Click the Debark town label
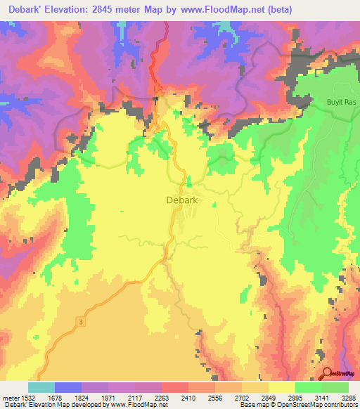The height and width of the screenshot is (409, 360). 185,200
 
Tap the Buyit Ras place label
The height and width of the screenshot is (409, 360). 340,103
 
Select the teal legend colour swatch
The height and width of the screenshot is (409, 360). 41,387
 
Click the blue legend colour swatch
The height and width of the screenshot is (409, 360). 68,387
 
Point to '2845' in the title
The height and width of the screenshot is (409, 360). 108,9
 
